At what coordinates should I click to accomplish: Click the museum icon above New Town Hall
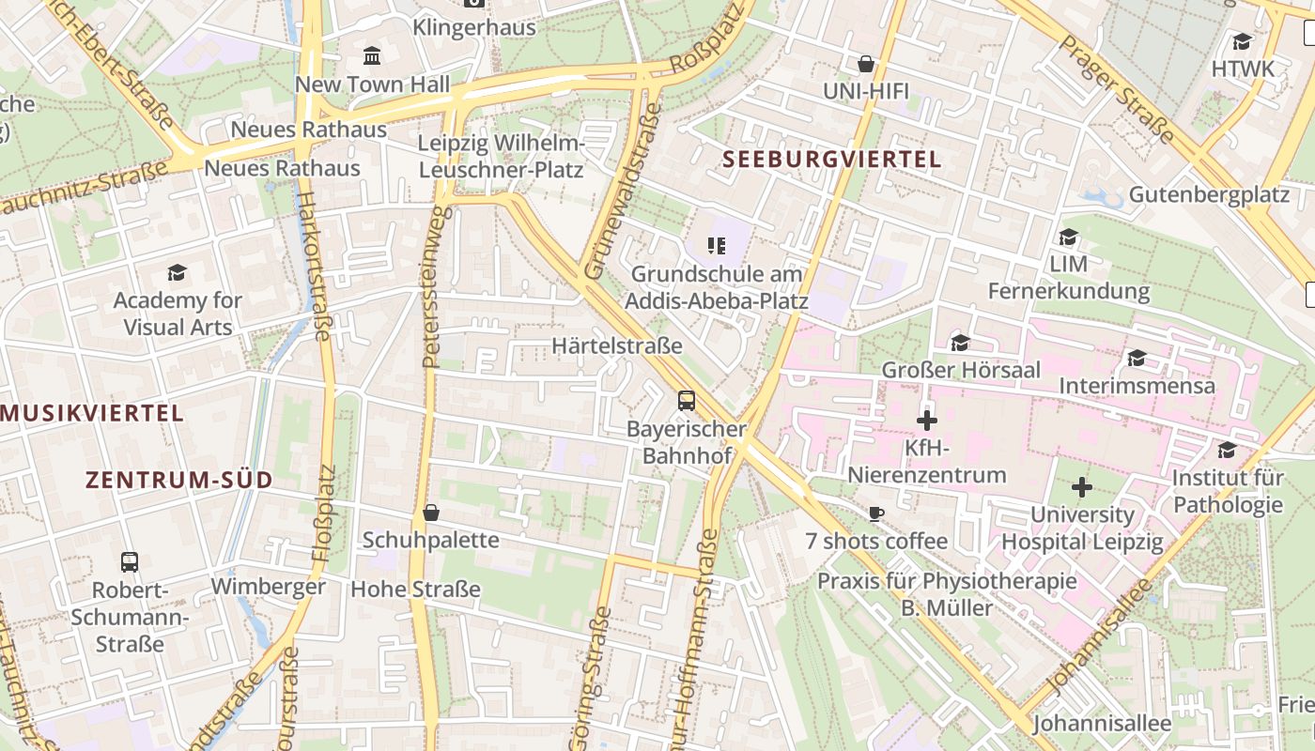(x=372, y=56)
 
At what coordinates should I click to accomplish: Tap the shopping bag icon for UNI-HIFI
(x=866, y=64)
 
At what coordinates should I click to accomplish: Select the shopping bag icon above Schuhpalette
(x=431, y=513)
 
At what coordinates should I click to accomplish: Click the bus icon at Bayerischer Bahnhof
(x=687, y=401)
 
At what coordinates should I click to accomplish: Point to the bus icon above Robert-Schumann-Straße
(x=130, y=562)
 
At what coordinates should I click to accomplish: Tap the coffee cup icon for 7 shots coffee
(x=875, y=513)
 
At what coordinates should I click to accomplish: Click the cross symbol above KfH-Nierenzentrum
(x=927, y=420)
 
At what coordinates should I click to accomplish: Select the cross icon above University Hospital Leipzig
(x=1082, y=487)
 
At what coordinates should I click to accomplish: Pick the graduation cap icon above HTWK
(x=1243, y=41)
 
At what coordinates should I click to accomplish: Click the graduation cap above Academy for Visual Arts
(x=177, y=273)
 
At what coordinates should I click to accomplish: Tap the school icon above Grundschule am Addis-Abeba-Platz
(x=717, y=246)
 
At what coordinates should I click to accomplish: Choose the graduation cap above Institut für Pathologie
(x=1227, y=451)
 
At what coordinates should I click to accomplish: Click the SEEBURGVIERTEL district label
(x=832, y=160)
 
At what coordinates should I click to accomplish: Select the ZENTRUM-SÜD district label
(x=179, y=481)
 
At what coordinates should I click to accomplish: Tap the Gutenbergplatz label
(x=1209, y=195)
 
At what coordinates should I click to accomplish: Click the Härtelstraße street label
(x=617, y=346)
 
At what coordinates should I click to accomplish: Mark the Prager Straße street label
(x=1117, y=90)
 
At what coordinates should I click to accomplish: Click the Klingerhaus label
(x=474, y=27)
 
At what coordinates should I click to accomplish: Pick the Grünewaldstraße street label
(x=623, y=192)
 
